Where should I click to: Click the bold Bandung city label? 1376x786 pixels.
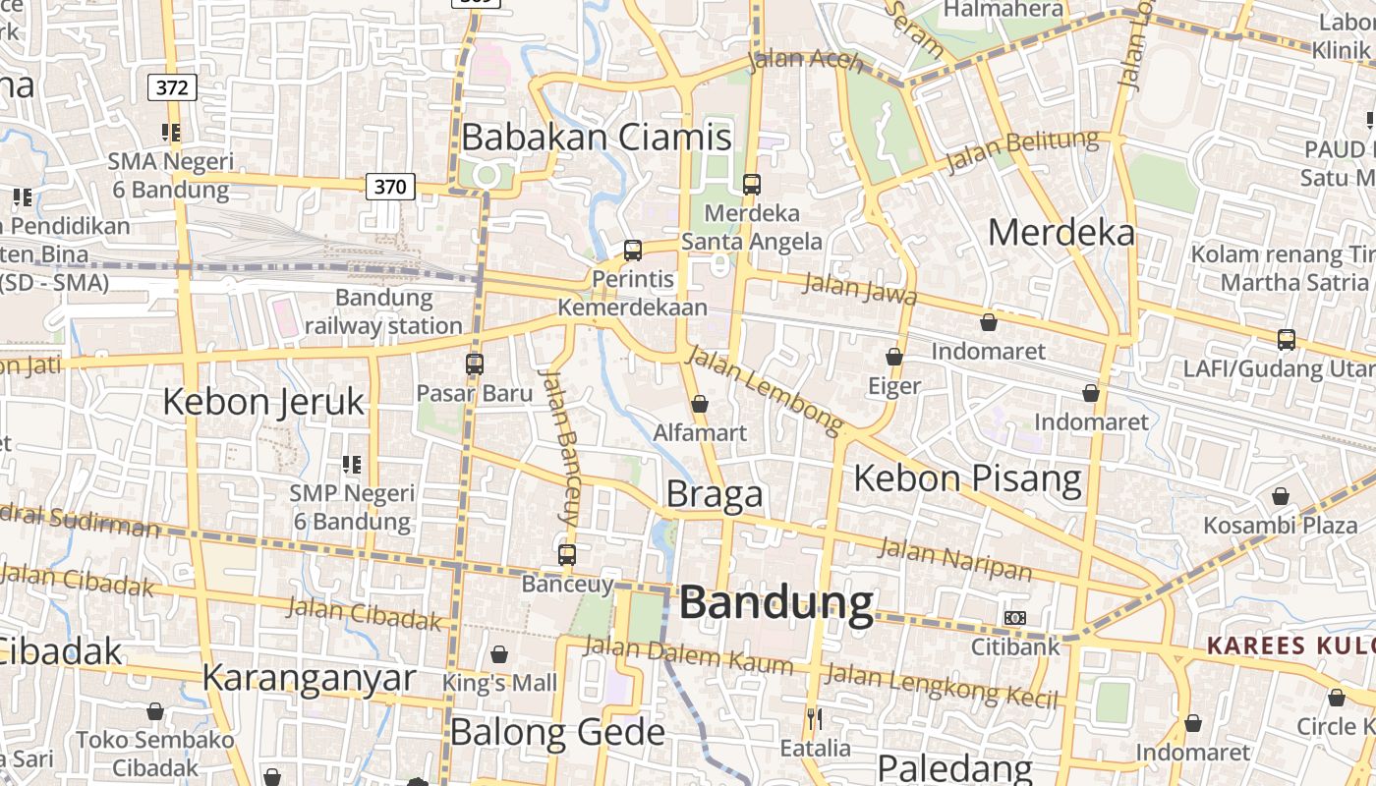click(775, 603)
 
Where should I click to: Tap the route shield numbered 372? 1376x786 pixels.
click(172, 87)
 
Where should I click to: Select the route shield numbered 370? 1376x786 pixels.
click(390, 186)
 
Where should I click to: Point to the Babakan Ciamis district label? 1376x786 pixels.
click(597, 138)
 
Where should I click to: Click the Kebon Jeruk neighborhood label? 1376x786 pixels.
click(263, 402)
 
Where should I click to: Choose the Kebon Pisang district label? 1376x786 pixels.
click(967, 478)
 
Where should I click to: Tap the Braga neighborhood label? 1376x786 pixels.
click(715, 494)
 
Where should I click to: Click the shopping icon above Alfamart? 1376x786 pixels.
click(700, 404)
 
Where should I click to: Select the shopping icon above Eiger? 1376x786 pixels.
click(894, 357)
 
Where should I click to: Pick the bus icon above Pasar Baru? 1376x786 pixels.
click(475, 365)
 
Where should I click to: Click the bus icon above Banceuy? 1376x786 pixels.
click(567, 555)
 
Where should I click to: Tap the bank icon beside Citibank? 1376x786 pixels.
click(1015, 618)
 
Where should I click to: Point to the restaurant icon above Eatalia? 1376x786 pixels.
click(814, 720)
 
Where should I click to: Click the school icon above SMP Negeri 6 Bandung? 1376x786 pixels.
click(352, 464)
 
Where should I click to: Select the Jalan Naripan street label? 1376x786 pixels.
click(954, 559)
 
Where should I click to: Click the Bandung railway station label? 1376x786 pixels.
click(383, 311)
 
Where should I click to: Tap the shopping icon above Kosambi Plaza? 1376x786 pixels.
click(1280, 497)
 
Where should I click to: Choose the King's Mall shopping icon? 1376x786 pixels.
click(499, 654)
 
